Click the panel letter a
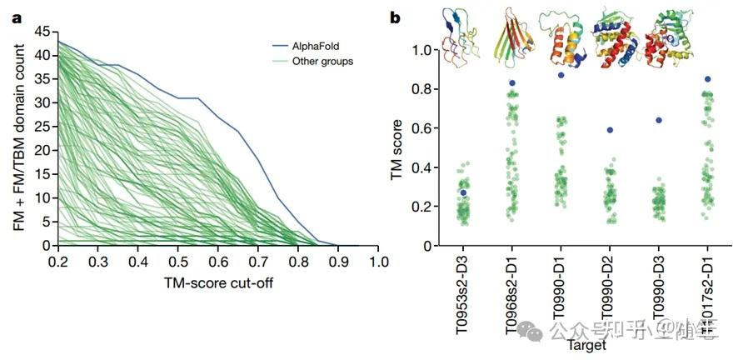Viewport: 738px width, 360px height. (x=15, y=17)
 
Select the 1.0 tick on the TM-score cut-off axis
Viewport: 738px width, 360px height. (x=378, y=262)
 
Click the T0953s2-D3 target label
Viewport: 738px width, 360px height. (x=462, y=296)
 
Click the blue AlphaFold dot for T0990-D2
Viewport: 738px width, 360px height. (x=610, y=130)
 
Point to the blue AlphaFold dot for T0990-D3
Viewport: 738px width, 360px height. (x=659, y=120)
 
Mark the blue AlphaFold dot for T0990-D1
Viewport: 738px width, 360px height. (x=561, y=75)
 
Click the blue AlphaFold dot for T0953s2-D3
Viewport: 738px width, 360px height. (x=462, y=192)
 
